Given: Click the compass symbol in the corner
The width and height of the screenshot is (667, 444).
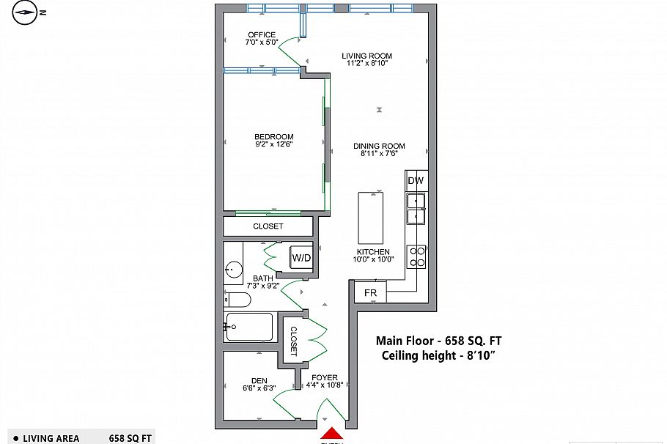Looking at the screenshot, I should coord(26,12).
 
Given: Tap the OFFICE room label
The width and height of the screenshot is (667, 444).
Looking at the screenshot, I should coord(262,34).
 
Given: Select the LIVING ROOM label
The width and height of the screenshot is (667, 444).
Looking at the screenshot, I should coord(367,56).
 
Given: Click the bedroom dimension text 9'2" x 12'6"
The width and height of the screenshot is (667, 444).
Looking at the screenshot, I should coord(273,144).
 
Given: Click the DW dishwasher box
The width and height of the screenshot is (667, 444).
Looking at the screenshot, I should coord(416,180).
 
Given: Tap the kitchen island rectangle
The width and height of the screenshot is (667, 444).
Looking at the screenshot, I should coord(370,218).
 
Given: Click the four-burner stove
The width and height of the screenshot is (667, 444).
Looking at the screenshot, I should coord(416,256).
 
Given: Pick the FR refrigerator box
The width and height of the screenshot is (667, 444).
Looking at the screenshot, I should coord(371,293).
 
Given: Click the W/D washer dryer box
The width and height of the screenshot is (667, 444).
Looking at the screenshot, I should coord(301,258).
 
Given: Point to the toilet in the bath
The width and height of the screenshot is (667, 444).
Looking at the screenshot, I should coord(237,300).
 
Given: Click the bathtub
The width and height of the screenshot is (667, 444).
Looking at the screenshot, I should coord(249,327).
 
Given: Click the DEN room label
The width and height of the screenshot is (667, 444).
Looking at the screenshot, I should coord(259,380).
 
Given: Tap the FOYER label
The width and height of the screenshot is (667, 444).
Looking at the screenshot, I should coord(325,378).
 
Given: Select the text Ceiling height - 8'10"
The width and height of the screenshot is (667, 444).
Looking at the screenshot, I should coord(439,355).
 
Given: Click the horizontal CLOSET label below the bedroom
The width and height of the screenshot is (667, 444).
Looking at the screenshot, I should coord(268,226).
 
